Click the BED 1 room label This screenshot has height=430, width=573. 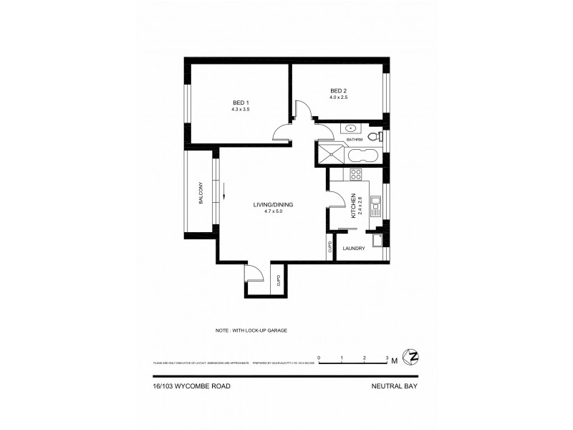[240, 102]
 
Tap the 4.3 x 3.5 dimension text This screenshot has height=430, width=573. [240, 110]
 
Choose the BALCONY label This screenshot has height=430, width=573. [201, 191]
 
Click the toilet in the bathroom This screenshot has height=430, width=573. [373, 138]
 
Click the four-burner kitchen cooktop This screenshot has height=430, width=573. [356, 174]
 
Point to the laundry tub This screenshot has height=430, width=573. [377, 239]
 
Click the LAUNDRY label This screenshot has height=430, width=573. [355, 249]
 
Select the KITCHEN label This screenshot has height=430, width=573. [352, 206]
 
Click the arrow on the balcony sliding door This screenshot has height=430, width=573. [224, 191]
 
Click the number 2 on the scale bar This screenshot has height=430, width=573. [365, 356]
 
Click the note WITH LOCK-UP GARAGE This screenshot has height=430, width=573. [256, 330]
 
